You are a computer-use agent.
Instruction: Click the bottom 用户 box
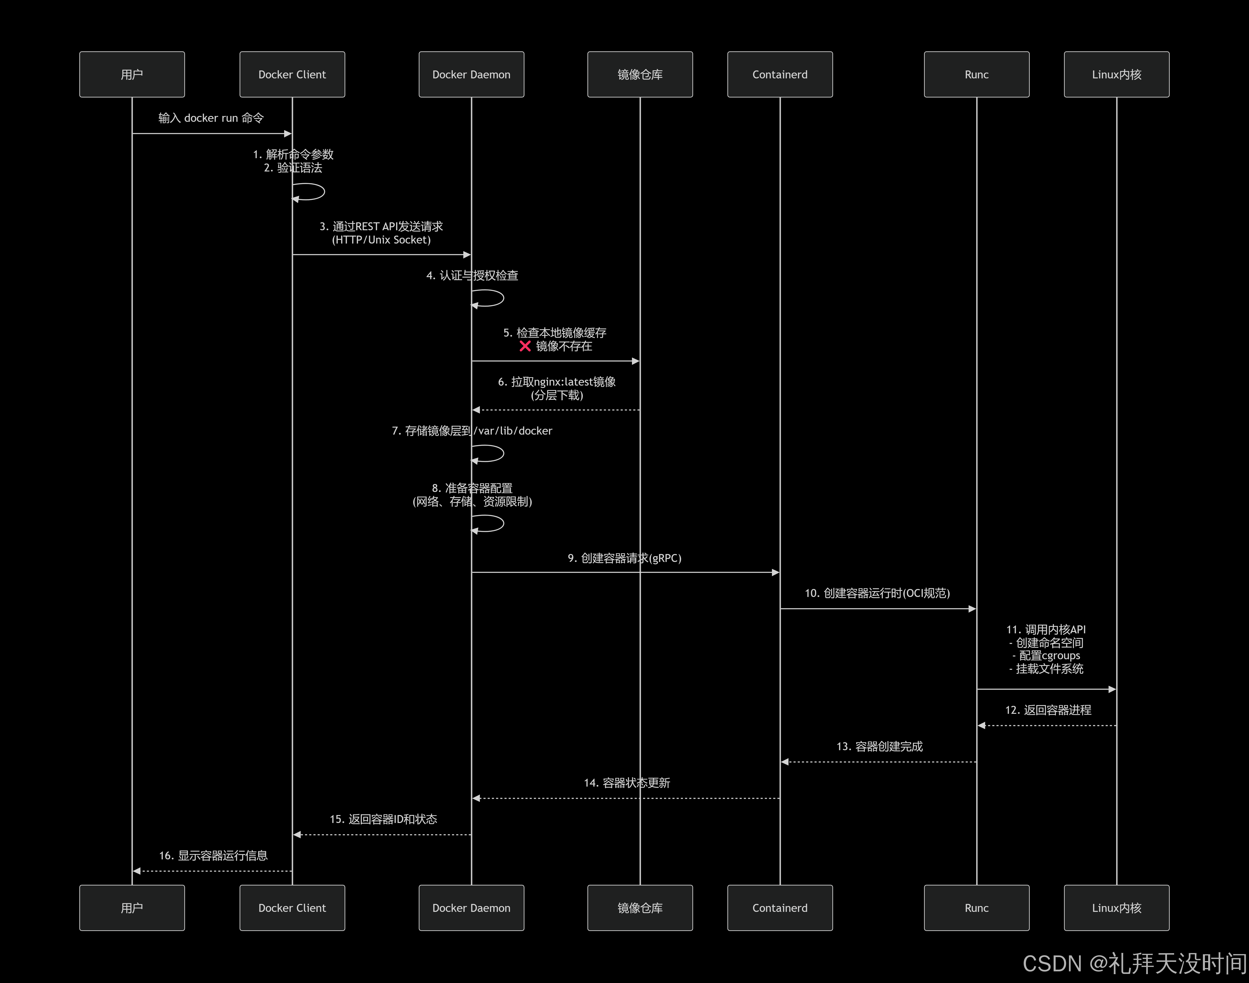(x=132, y=908)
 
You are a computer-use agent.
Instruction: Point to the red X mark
(x=525, y=346)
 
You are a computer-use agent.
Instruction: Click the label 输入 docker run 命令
(x=211, y=118)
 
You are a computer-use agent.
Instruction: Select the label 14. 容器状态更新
(x=627, y=783)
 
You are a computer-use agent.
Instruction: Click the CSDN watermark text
(x=1134, y=963)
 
